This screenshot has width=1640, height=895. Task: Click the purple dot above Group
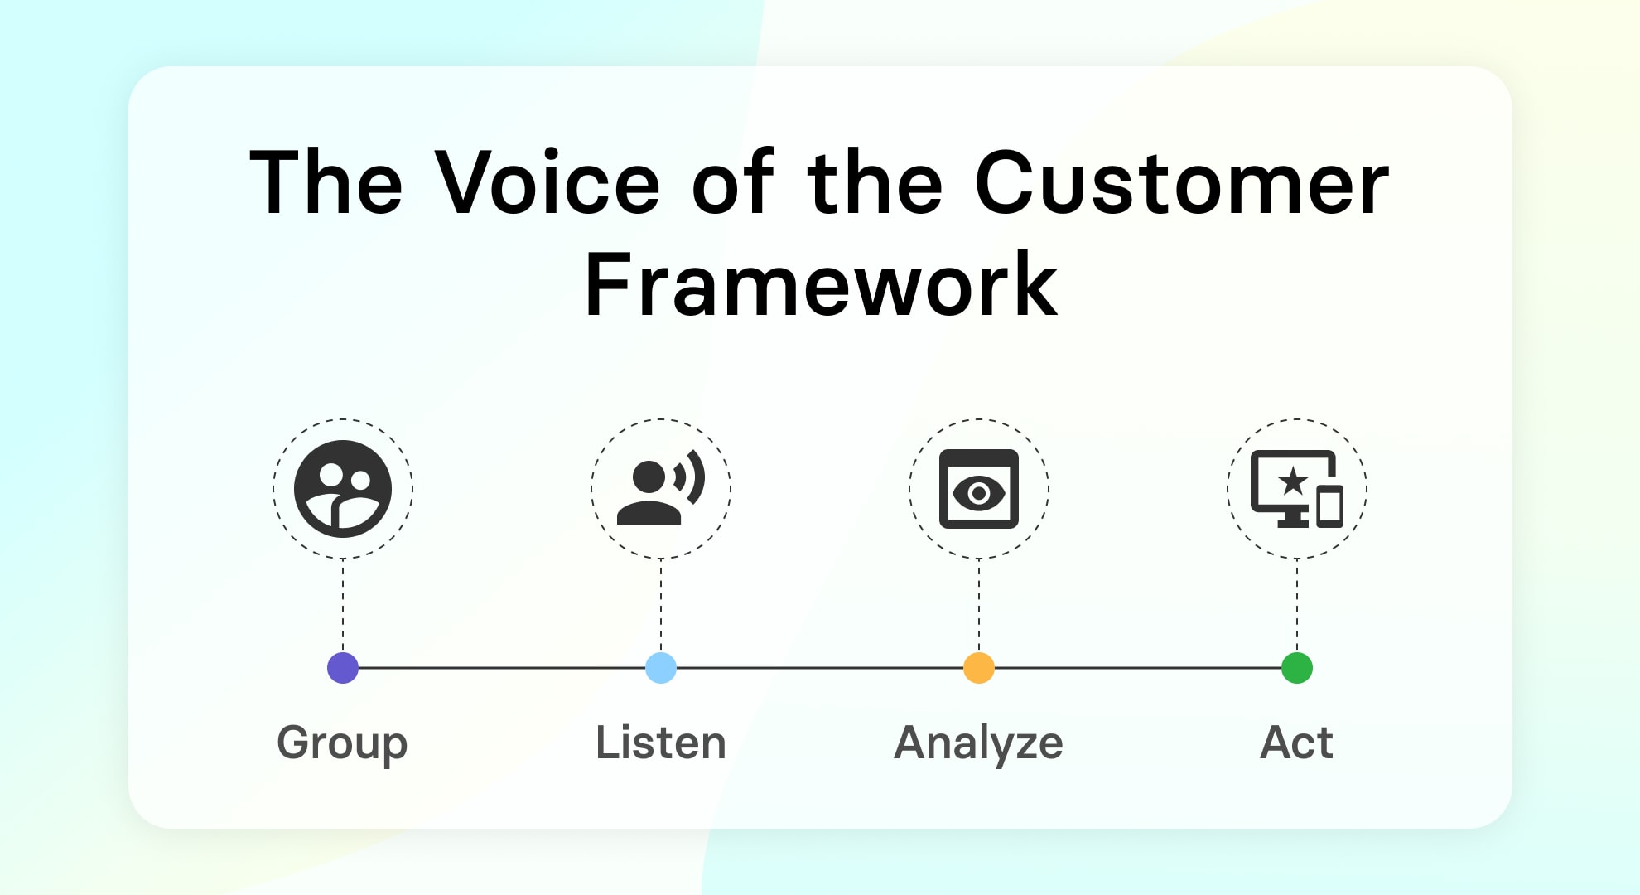click(x=343, y=667)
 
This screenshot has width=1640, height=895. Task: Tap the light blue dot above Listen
click(x=661, y=667)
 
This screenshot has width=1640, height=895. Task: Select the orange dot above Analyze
click(x=979, y=667)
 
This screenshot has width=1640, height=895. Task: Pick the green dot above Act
click(x=1297, y=667)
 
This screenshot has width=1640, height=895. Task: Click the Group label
click(x=342, y=743)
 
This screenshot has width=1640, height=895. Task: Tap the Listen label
click(x=661, y=743)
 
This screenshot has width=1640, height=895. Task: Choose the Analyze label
click(x=978, y=743)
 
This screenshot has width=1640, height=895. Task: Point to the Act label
click(x=1296, y=743)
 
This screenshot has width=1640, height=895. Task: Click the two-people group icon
click(x=343, y=489)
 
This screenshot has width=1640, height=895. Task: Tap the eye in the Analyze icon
click(x=979, y=493)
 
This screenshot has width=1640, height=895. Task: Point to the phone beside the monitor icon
click(x=1329, y=507)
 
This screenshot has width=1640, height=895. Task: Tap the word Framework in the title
click(x=821, y=285)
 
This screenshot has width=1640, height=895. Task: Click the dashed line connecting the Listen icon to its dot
click(x=661, y=605)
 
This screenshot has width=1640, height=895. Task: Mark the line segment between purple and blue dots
click(x=502, y=667)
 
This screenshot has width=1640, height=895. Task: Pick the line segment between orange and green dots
click(x=1138, y=667)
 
